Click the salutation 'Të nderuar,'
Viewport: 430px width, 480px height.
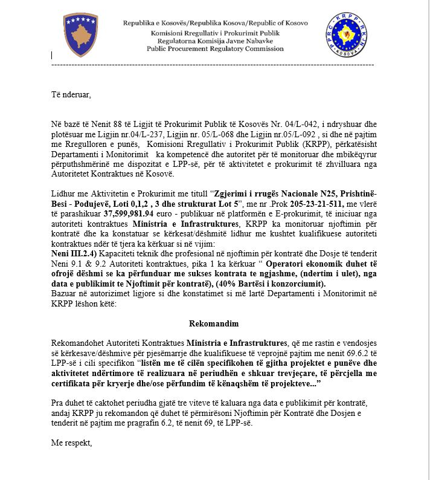pyautogui.click(x=71, y=94)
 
